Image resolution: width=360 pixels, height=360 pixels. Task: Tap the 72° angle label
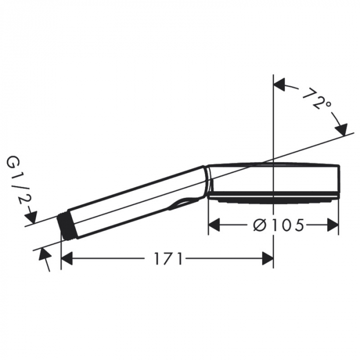(x=316, y=99)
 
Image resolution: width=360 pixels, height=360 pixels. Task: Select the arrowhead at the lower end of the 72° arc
(x=340, y=129)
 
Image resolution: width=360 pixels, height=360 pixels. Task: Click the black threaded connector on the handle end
(x=65, y=226)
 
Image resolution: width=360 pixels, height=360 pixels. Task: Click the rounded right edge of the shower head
(x=338, y=180)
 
